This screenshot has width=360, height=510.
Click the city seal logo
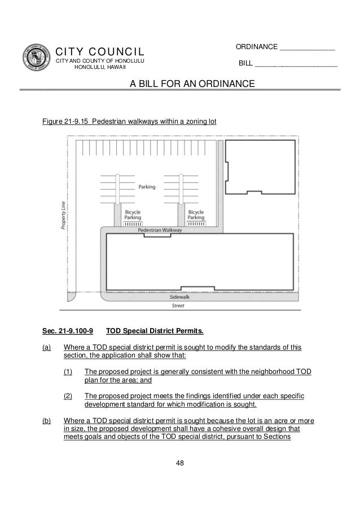tap(37, 58)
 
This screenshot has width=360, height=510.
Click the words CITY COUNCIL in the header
tap(100, 52)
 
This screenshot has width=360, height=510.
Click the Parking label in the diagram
tap(147, 186)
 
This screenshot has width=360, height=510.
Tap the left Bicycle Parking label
tap(133, 214)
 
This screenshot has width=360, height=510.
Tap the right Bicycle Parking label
tap(196, 214)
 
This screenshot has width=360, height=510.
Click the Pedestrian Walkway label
tap(159, 231)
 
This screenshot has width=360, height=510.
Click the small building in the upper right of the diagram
tap(260, 165)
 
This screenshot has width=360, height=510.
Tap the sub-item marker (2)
tap(68, 396)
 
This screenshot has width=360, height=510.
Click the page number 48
tap(180, 463)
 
